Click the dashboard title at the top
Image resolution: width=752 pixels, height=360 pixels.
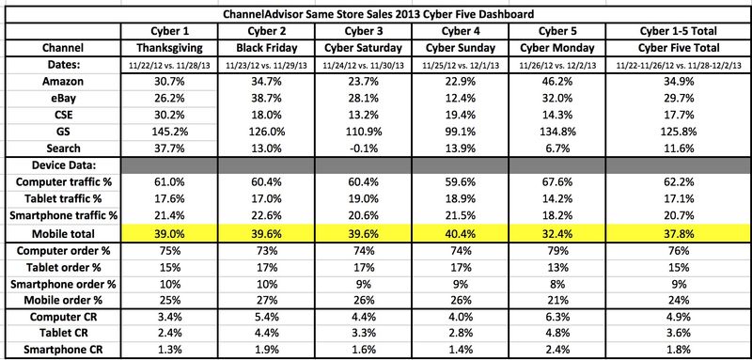point(378,14)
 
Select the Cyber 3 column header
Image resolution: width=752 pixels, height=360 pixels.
point(364,31)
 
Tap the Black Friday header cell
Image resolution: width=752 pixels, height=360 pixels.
point(267,48)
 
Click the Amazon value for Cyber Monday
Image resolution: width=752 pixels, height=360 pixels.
point(556,82)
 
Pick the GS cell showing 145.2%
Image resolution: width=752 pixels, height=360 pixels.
point(170,132)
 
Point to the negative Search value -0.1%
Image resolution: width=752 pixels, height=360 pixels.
point(364,149)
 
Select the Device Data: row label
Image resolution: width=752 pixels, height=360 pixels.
point(63,165)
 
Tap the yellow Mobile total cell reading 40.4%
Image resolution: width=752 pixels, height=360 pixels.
point(461,234)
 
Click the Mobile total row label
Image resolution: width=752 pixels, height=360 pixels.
point(63,234)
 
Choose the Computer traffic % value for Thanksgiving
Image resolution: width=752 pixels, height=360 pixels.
point(170,182)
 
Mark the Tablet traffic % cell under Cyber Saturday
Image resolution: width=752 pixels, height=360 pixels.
point(364,199)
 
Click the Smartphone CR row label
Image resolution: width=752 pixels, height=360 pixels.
point(63,349)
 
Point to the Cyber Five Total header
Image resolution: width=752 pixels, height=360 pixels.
point(678,48)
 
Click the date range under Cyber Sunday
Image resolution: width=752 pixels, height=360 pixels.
point(461,65)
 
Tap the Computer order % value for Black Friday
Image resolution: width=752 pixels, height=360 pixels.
point(267,251)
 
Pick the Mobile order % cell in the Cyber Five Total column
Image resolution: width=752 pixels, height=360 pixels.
point(678,301)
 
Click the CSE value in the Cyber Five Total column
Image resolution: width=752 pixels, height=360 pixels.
point(678,115)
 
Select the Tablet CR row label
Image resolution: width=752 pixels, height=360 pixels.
point(63,333)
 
